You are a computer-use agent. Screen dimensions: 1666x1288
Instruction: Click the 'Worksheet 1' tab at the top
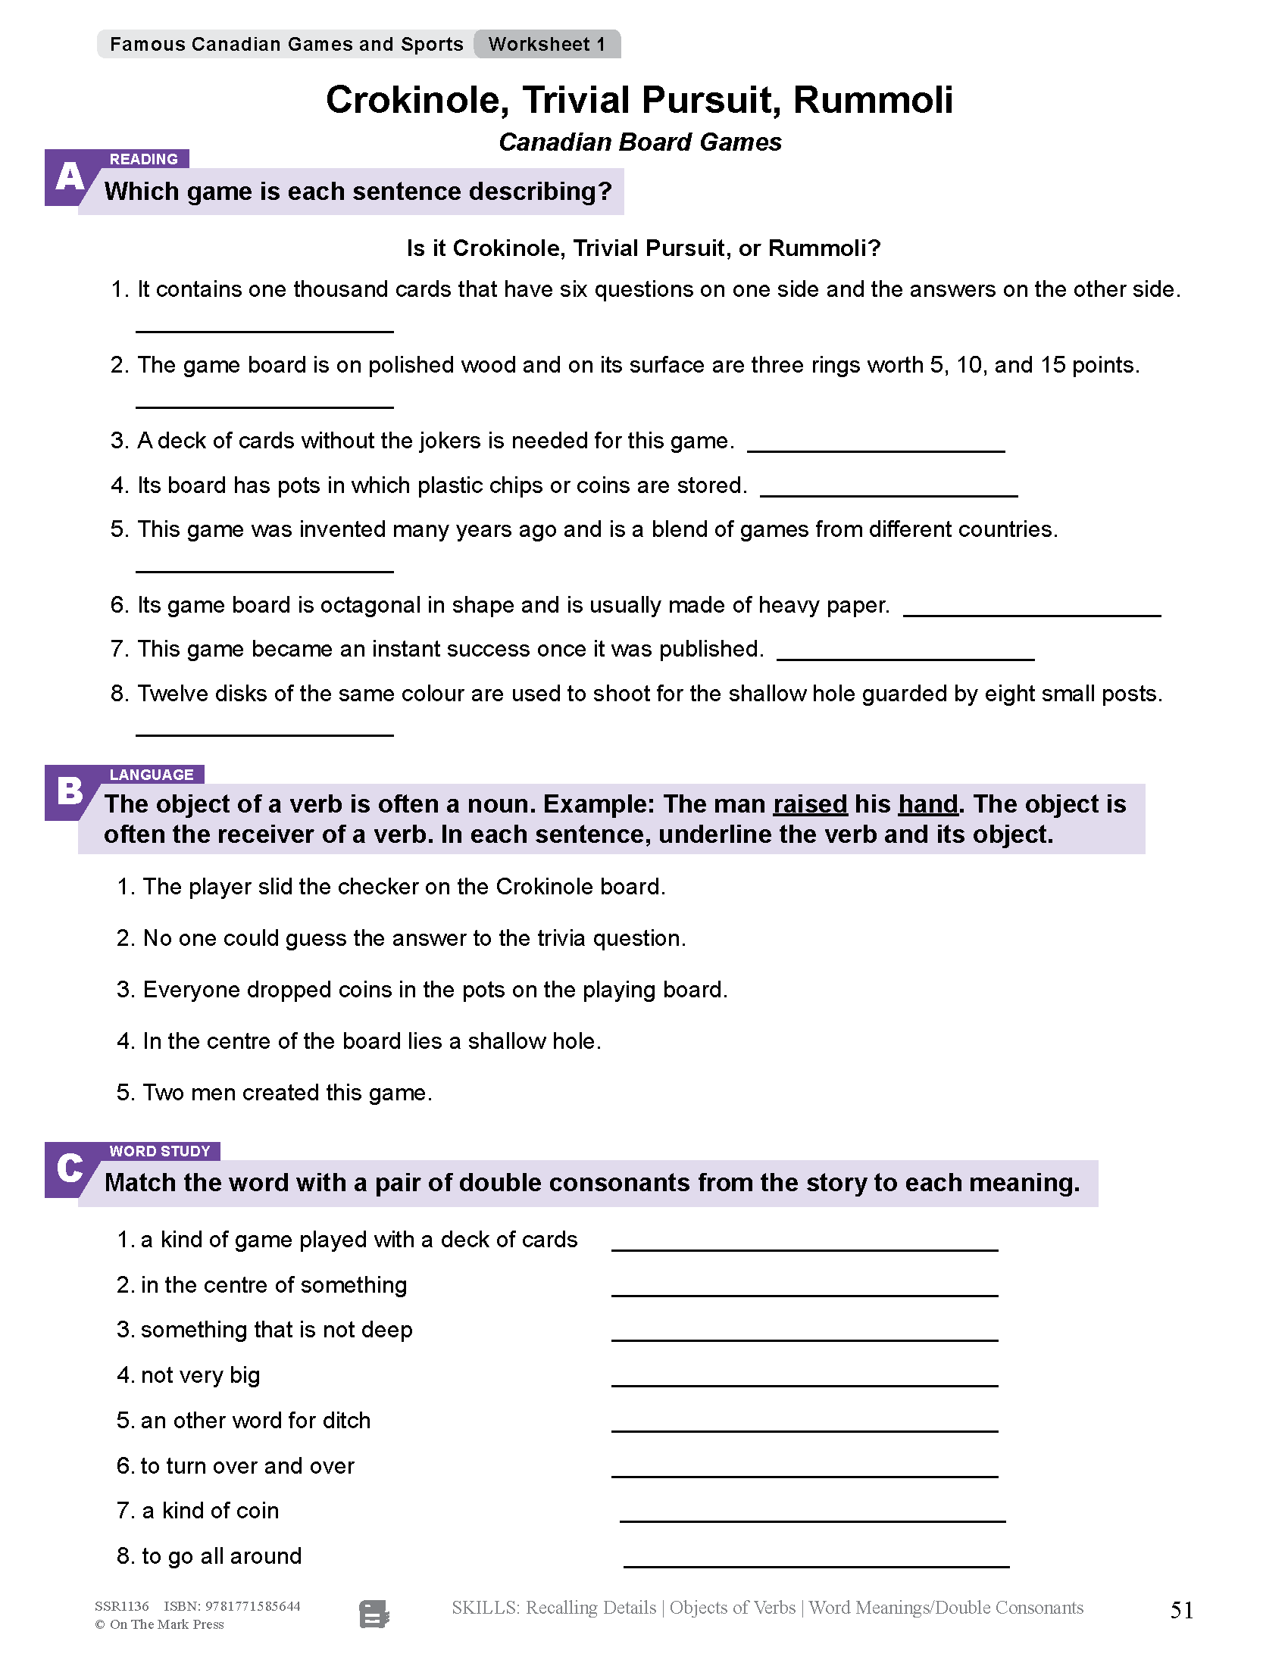pyautogui.click(x=546, y=44)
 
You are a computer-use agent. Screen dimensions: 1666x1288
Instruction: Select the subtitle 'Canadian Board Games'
pyautogui.click(x=639, y=142)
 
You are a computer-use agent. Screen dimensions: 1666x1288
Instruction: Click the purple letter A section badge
pyautogui.click(x=70, y=179)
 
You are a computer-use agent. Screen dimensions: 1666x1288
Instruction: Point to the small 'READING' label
pyautogui.click(x=143, y=159)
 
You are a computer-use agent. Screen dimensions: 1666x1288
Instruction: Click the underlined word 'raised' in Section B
pyautogui.click(x=810, y=804)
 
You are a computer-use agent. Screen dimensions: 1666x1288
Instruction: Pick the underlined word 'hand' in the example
pyautogui.click(x=927, y=804)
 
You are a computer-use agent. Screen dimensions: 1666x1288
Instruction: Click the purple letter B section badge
pyautogui.click(x=70, y=792)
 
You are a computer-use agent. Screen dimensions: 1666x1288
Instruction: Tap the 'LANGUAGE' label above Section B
pyautogui.click(x=151, y=774)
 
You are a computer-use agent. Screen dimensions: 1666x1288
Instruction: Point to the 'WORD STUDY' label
pyautogui.click(x=159, y=1151)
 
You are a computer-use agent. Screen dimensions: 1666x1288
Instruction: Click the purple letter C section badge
pyautogui.click(x=70, y=1168)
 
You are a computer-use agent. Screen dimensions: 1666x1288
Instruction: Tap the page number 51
pyautogui.click(x=1181, y=1610)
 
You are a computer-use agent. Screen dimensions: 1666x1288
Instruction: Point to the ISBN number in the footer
pyautogui.click(x=232, y=1605)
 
